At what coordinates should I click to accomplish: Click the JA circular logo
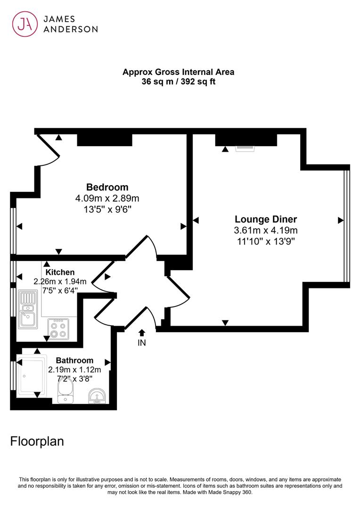[x=25, y=25]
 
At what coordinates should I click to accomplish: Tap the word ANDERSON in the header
[x=71, y=29]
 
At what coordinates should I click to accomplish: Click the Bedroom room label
[x=107, y=187]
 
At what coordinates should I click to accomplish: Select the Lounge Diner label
[x=266, y=220]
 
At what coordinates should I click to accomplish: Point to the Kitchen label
[x=60, y=272]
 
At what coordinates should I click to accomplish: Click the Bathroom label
[x=74, y=361]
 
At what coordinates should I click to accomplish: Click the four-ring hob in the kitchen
[x=58, y=329]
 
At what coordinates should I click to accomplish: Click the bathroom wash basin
[x=97, y=396]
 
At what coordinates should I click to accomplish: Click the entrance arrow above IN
[x=141, y=333]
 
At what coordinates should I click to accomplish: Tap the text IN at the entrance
[x=142, y=343]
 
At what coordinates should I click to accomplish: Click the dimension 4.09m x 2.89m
[x=107, y=198]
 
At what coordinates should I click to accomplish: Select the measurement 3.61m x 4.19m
[x=266, y=230]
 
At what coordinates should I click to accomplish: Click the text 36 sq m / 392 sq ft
[x=178, y=82]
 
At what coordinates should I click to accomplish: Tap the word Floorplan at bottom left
[x=37, y=442]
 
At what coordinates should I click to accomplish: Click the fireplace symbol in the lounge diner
[x=245, y=148]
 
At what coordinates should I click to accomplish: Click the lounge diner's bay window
[x=347, y=226]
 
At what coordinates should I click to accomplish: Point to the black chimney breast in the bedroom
[x=105, y=140]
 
